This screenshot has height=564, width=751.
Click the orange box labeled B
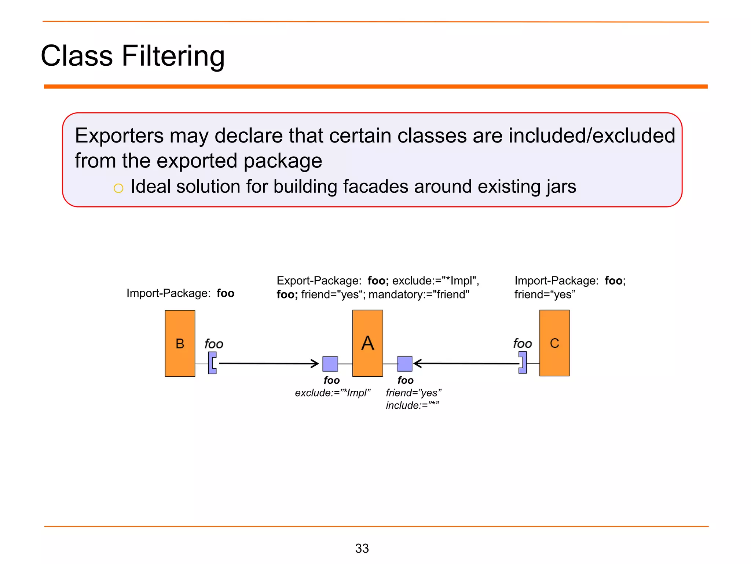pos(180,343)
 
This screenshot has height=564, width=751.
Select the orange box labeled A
pos(367,343)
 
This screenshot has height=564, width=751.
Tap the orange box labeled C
pos(554,343)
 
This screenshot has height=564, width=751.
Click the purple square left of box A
pos(330,364)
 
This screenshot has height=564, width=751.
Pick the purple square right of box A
pos(404,364)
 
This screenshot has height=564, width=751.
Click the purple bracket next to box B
pos(212,363)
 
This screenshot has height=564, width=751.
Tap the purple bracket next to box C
pos(523,362)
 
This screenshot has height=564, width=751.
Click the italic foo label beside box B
pos(214,344)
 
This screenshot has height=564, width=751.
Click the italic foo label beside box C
pos(522,344)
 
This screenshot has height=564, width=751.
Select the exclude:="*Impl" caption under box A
pos(333,393)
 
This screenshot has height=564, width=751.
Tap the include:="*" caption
pos(412,405)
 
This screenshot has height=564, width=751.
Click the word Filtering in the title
pos(173,56)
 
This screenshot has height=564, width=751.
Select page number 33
pos(362,548)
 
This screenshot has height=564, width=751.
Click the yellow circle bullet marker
pos(118,188)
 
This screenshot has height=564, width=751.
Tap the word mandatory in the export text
pos(395,294)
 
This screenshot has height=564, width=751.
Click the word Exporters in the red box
pos(119,135)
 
